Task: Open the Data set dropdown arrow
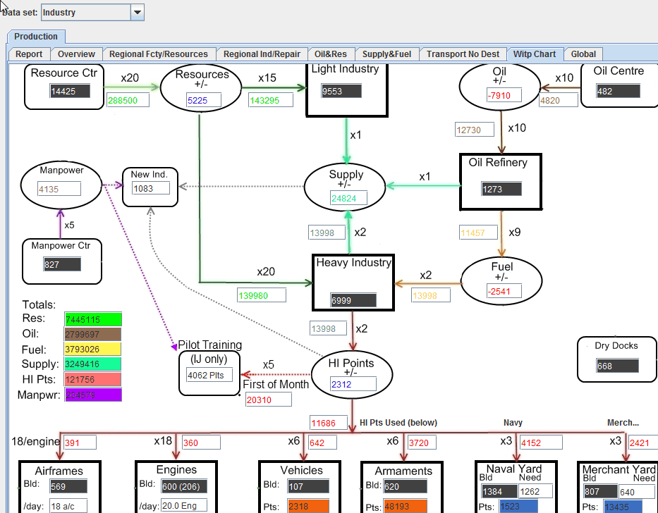point(138,12)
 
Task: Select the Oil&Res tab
point(330,54)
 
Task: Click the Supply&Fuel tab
point(386,54)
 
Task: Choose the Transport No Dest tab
point(463,54)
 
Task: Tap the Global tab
point(583,54)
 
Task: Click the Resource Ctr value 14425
point(70,91)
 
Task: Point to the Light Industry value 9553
point(341,91)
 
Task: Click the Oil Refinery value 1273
point(501,189)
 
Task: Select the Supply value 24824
point(348,199)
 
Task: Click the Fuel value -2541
point(503,291)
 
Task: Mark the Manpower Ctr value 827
point(61,264)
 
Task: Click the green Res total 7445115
point(92,319)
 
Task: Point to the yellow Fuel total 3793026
point(92,350)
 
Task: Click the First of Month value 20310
point(268,400)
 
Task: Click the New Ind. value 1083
point(151,188)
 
